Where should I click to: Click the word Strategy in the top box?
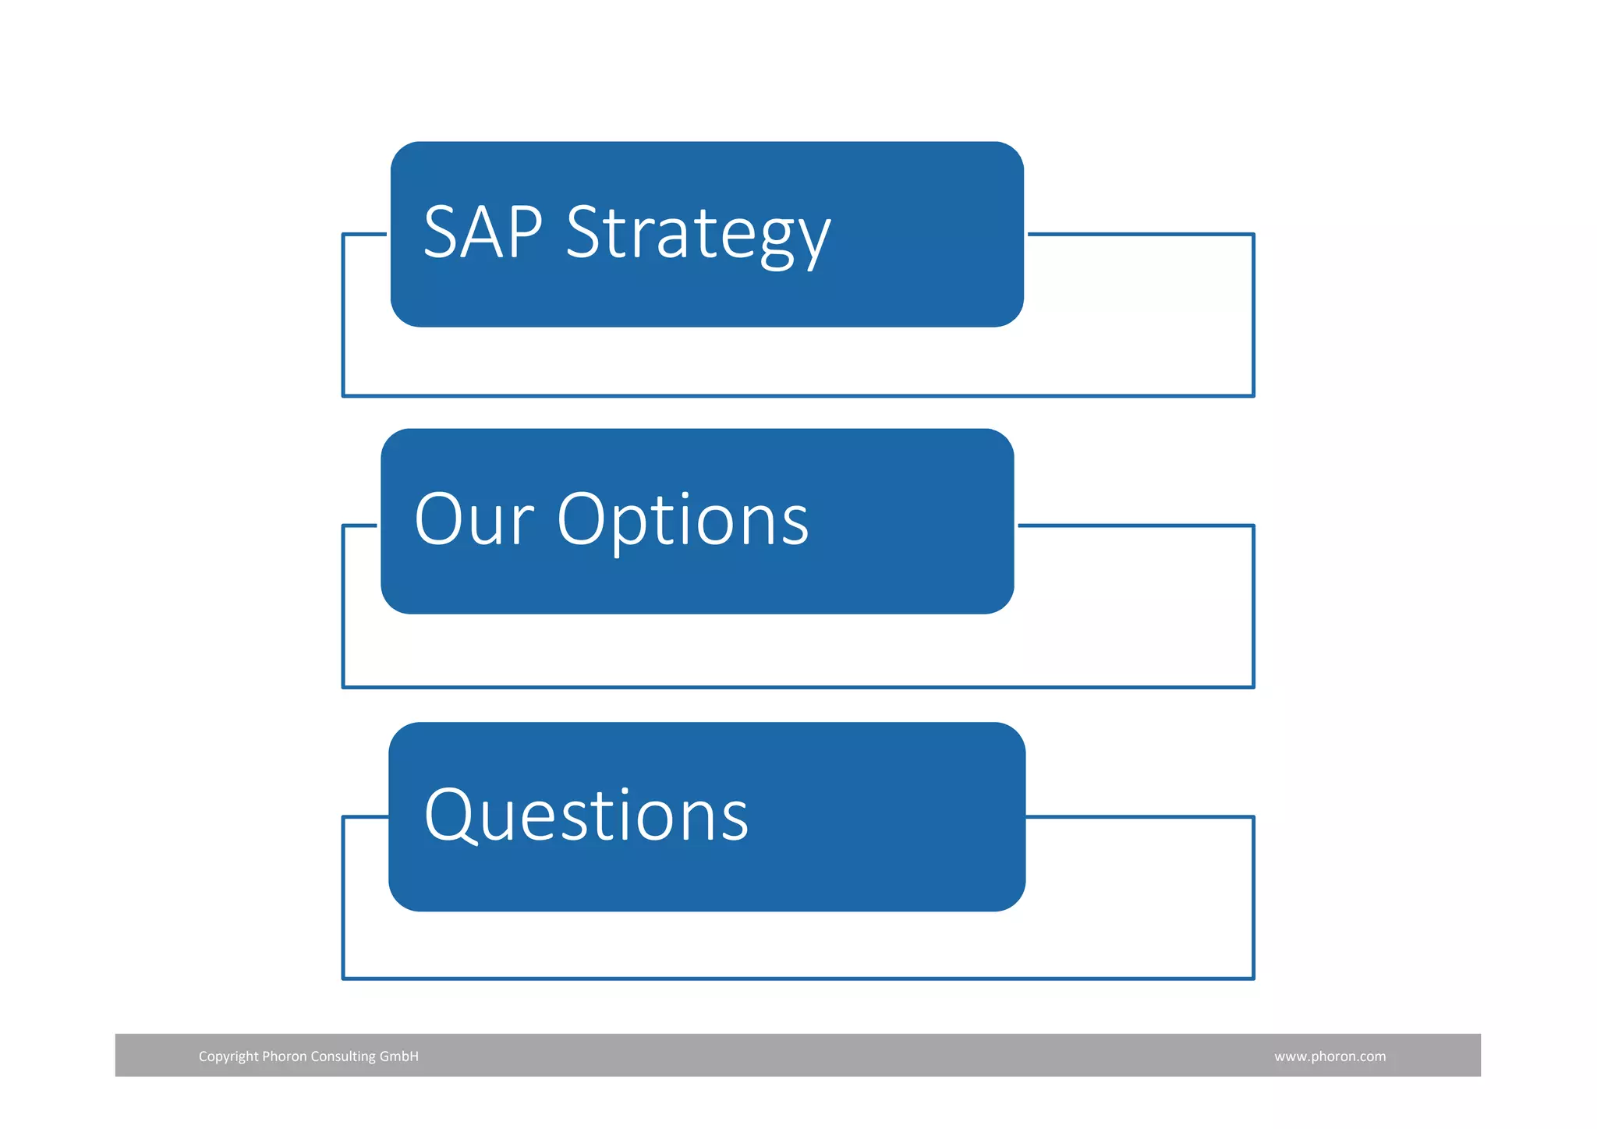698,234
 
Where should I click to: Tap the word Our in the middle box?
473,520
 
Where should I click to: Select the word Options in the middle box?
682,521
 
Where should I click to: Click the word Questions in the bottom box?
586,816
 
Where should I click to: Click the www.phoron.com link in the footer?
1330,1056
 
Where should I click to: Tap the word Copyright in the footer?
228,1056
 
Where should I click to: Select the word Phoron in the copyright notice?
284,1056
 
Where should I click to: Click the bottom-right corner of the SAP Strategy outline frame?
1253,395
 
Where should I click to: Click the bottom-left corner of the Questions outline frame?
344,978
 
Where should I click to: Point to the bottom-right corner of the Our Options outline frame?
1253,687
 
